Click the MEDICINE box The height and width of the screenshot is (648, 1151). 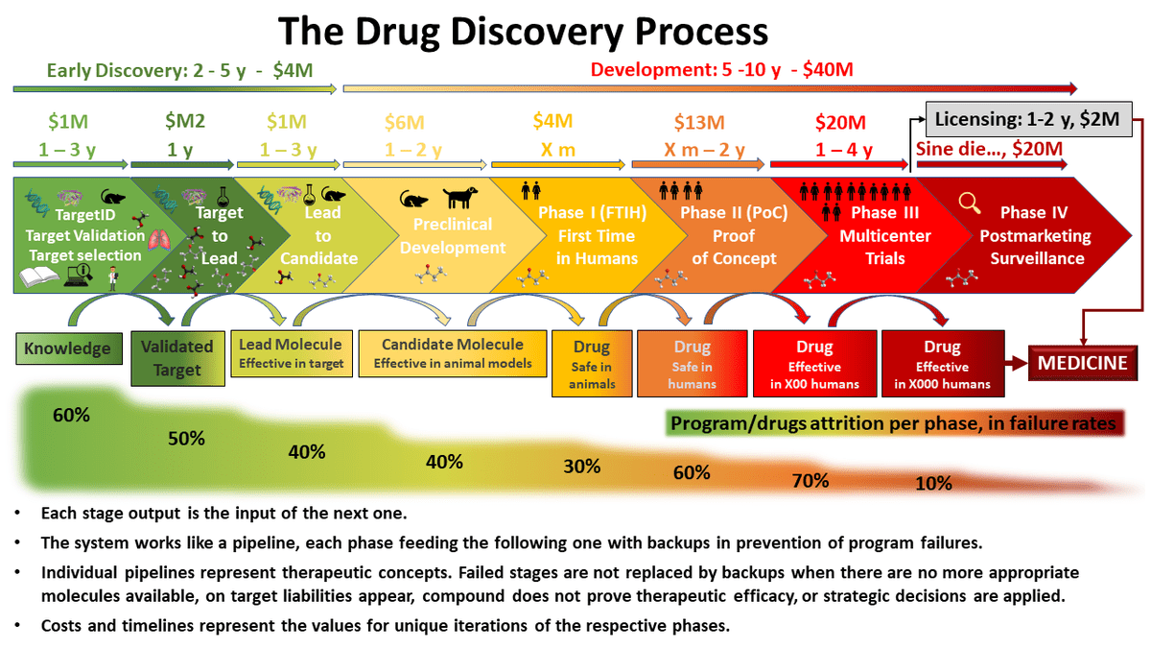pos(1083,363)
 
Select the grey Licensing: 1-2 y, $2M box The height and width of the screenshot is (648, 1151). pos(1028,119)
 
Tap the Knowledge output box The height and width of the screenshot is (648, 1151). pos(69,348)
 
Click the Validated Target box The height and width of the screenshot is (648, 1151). pos(177,358)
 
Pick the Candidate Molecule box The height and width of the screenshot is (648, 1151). pos(452,353)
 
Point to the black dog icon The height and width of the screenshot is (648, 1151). pos(459,197)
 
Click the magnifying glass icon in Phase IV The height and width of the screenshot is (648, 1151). pos(969,203)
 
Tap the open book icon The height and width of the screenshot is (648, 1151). pos(38,276)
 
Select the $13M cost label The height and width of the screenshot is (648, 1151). pos(699,123)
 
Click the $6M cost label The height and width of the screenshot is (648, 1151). pos(405,123)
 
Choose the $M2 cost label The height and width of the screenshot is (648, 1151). pos(185,121)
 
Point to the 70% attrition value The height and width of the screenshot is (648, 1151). pos(810,481)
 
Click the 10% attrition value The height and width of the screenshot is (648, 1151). pos(933,484)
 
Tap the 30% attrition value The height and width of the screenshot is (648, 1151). pos(581,467)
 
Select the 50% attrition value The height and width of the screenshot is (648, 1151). pos(186,439)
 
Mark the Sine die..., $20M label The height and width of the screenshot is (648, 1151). pos(989,149)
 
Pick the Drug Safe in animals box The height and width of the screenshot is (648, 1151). pos(592,364)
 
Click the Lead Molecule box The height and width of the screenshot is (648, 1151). pos(292,353)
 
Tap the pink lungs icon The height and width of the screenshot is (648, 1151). pos(160,240)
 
